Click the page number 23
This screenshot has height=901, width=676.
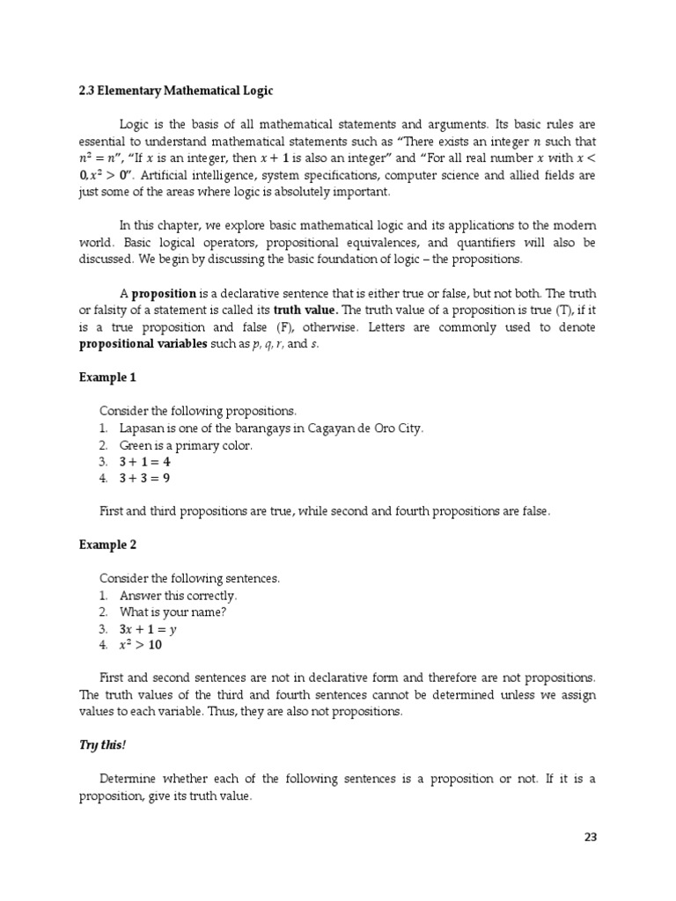tap(590, 837)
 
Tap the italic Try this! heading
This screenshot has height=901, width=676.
tap(102, 745)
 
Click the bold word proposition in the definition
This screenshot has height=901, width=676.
tap(167, 293)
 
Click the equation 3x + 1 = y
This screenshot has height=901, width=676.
tap(149, 629)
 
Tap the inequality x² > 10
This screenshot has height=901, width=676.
tap(141, 645)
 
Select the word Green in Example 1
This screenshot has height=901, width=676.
tap(137, 444)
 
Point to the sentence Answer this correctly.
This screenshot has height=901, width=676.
tap(179, 595)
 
